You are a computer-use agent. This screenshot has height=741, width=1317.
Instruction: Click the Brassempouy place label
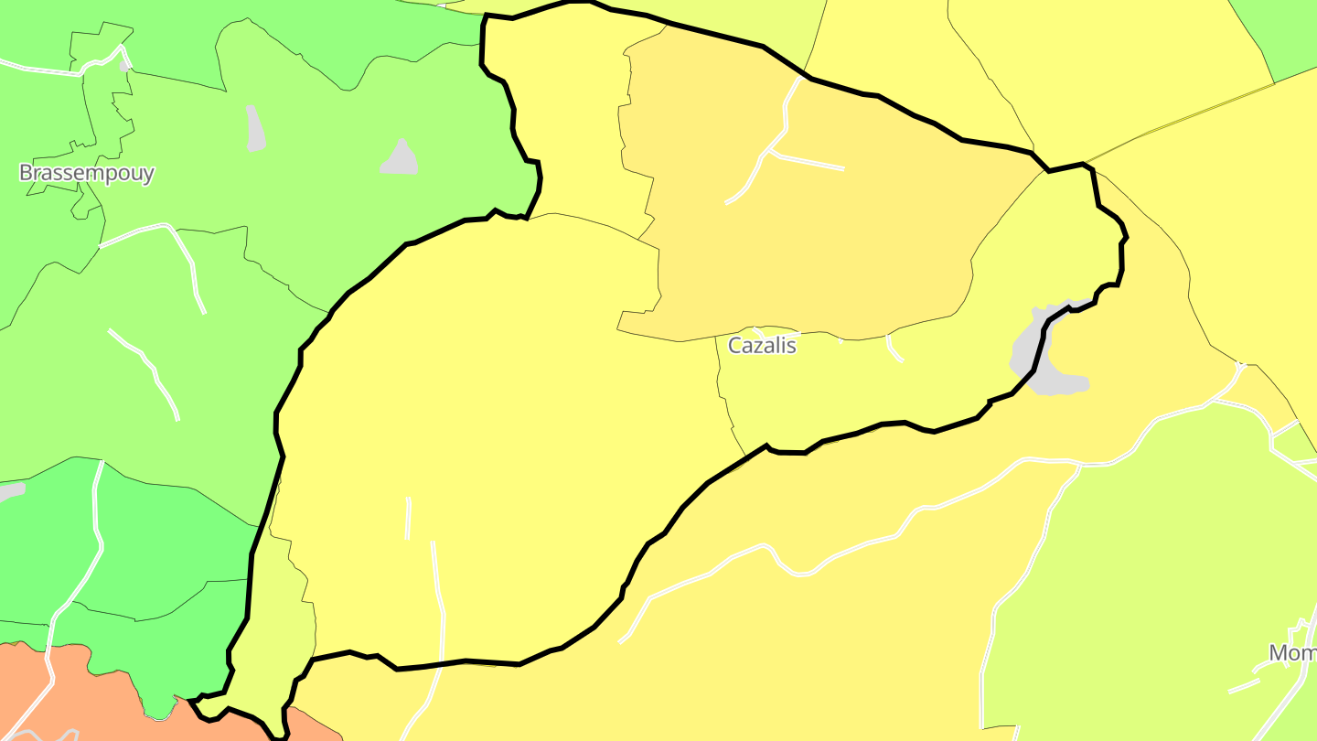pyautogui.click(x=87, y=173)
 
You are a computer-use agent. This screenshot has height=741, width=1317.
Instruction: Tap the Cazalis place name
pyautogui.click(x=762, y=346)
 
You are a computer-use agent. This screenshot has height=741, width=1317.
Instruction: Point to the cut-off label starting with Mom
pyautogui.click(x=1291, y=652)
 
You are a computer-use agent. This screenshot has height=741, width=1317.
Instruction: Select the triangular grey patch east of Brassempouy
pyautogui.click(x=400, y=159)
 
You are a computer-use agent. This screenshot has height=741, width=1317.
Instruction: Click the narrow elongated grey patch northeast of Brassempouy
pyautogui.click(x=255, y=128)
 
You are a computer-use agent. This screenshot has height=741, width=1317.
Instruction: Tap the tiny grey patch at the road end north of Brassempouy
pyautogui.click(x=125, y=65)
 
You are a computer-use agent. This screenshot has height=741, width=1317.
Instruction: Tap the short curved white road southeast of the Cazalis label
pyautogui.click(x=894, y=349)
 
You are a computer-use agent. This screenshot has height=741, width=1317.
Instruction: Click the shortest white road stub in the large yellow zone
pyautogui.click(x=408, y=518)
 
